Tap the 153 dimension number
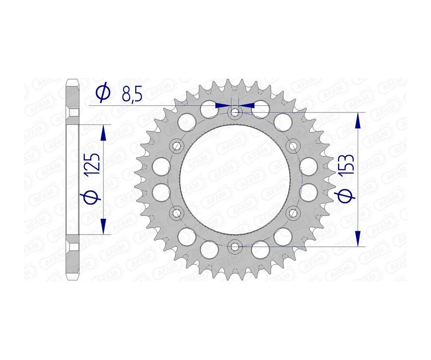pos(348,167)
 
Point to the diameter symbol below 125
pos(93,196)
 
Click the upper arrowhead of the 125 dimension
pos(102,133)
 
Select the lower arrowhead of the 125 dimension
pos(102,226)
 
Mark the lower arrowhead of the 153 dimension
pos(357,238)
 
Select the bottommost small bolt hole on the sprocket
pos(234,247)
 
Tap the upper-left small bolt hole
pos(177,145)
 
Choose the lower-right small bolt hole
pos(292,212)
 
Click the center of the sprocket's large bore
pos(234,180)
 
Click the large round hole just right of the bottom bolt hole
pos(260,248)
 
